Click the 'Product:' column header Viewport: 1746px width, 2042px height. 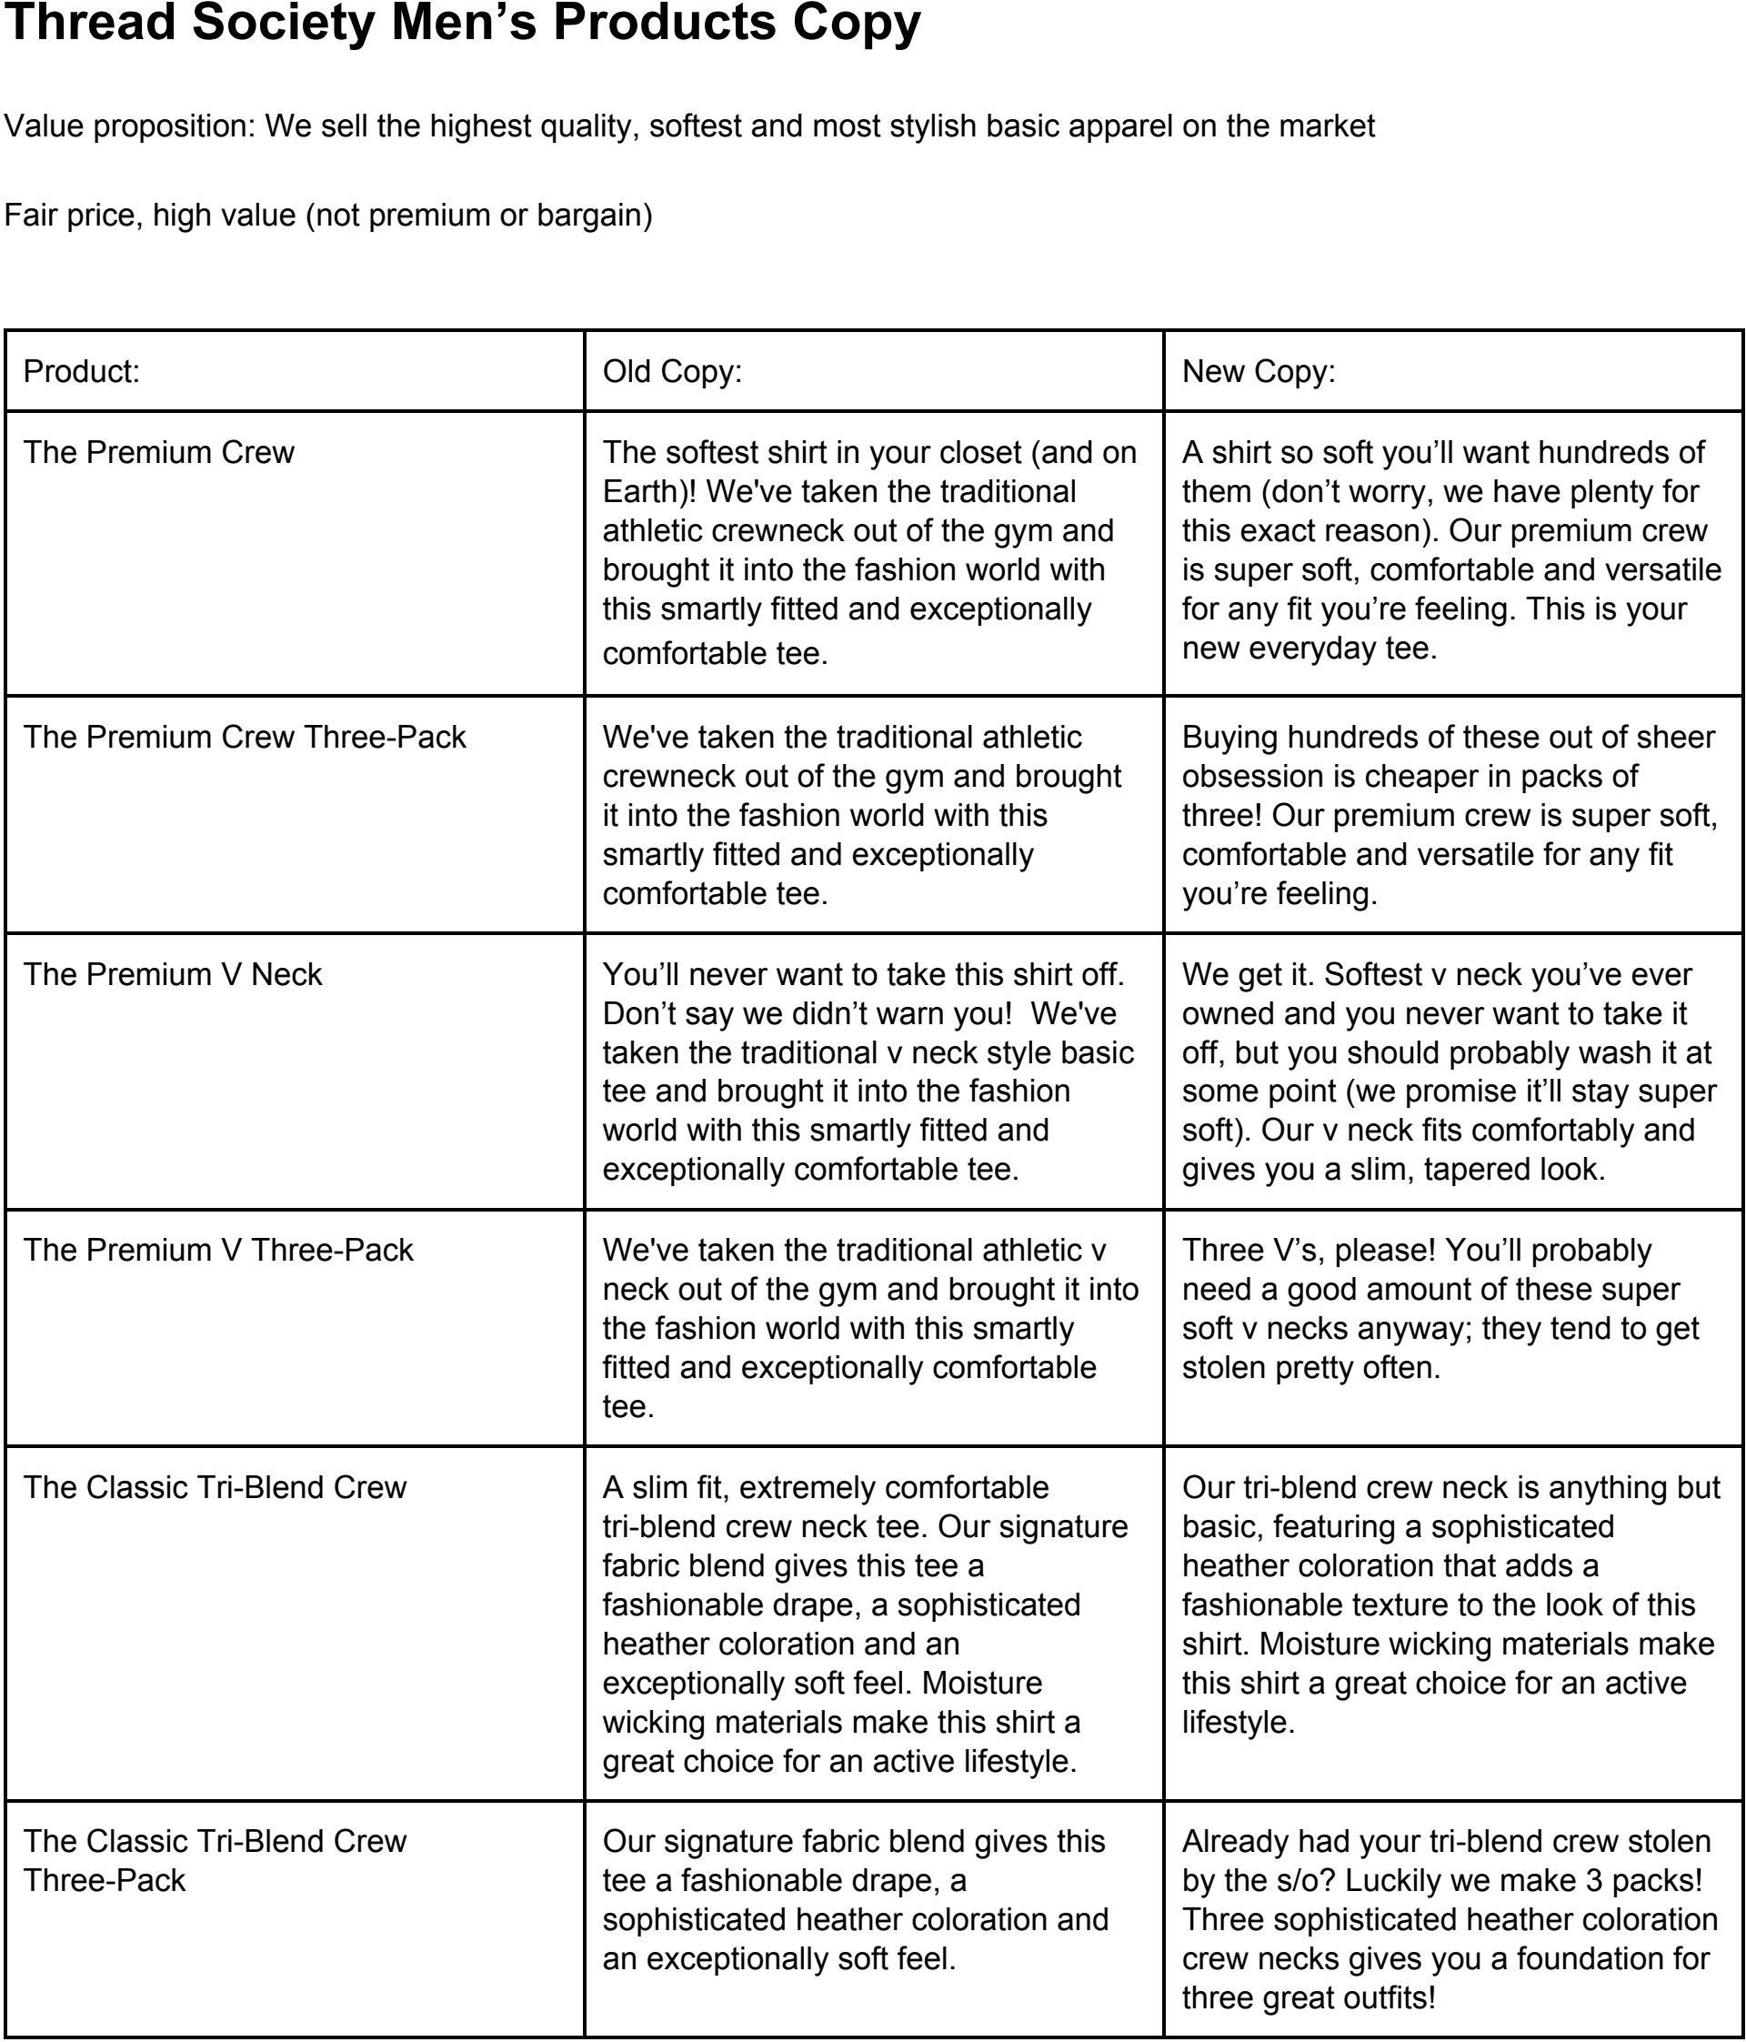pyautogui.click(x=82, y=371)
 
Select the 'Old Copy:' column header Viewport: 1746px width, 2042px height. pyautogui.click(x=672, y=371)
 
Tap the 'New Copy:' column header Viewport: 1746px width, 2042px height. pyautogui.click(x=1259, y=371)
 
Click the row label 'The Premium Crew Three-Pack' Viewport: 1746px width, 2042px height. pyautogui.click(x=245, y=737)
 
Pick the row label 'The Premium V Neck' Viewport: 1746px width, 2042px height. pyautogui.click(x=173, y=975)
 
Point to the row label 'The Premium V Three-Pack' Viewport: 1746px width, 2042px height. pyautogui.click(x=217, y=1251)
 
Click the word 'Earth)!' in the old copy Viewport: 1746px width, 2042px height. pyautogui.click(x=649, y=492)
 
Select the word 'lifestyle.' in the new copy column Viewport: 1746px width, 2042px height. pyautogui.click(x=1239, y=1723)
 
